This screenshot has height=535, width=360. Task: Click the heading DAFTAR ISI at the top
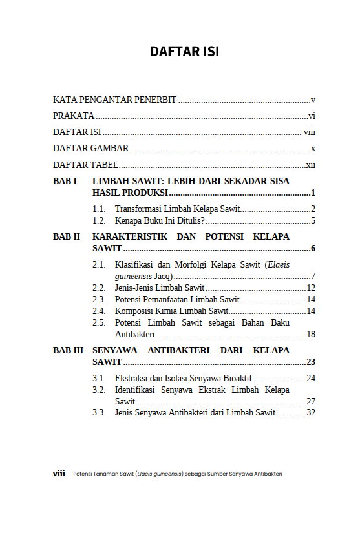click(184, 52)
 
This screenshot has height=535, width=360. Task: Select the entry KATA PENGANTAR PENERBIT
click(114, 100)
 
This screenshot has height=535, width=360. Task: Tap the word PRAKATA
click(74, 116)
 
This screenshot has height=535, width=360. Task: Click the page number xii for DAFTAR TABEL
click(310, 165)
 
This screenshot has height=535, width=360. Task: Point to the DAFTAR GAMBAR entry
click(90, 149)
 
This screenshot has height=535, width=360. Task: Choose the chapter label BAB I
click(65, 182)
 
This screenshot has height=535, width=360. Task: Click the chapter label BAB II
click(67, 237)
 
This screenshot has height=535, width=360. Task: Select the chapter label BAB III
click(68, 350)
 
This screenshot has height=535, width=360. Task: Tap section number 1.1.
click(98, 209)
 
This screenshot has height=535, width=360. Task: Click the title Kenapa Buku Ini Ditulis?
click(160, 221)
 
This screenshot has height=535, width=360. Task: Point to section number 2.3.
click(98, 300)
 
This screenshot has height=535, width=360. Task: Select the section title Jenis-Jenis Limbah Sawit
click(160, 288)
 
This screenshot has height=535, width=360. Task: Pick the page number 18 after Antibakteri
click(310, 335)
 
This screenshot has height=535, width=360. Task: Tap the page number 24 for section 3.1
click(310, 379)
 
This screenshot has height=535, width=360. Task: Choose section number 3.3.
click(98, 413)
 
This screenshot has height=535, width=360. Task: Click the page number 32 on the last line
click(310, 413)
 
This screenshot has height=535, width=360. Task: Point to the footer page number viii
click(59, 474)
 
